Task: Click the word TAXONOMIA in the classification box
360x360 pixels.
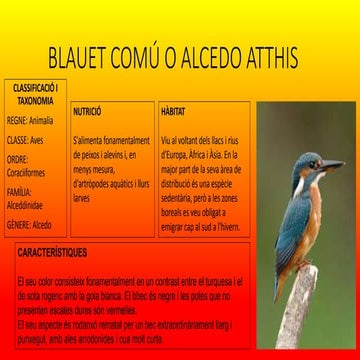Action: click(35, 101)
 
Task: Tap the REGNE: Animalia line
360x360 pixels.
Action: click(30, 121)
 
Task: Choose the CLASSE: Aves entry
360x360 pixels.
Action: click(27, 140)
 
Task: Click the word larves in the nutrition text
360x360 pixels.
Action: click(82, 199)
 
